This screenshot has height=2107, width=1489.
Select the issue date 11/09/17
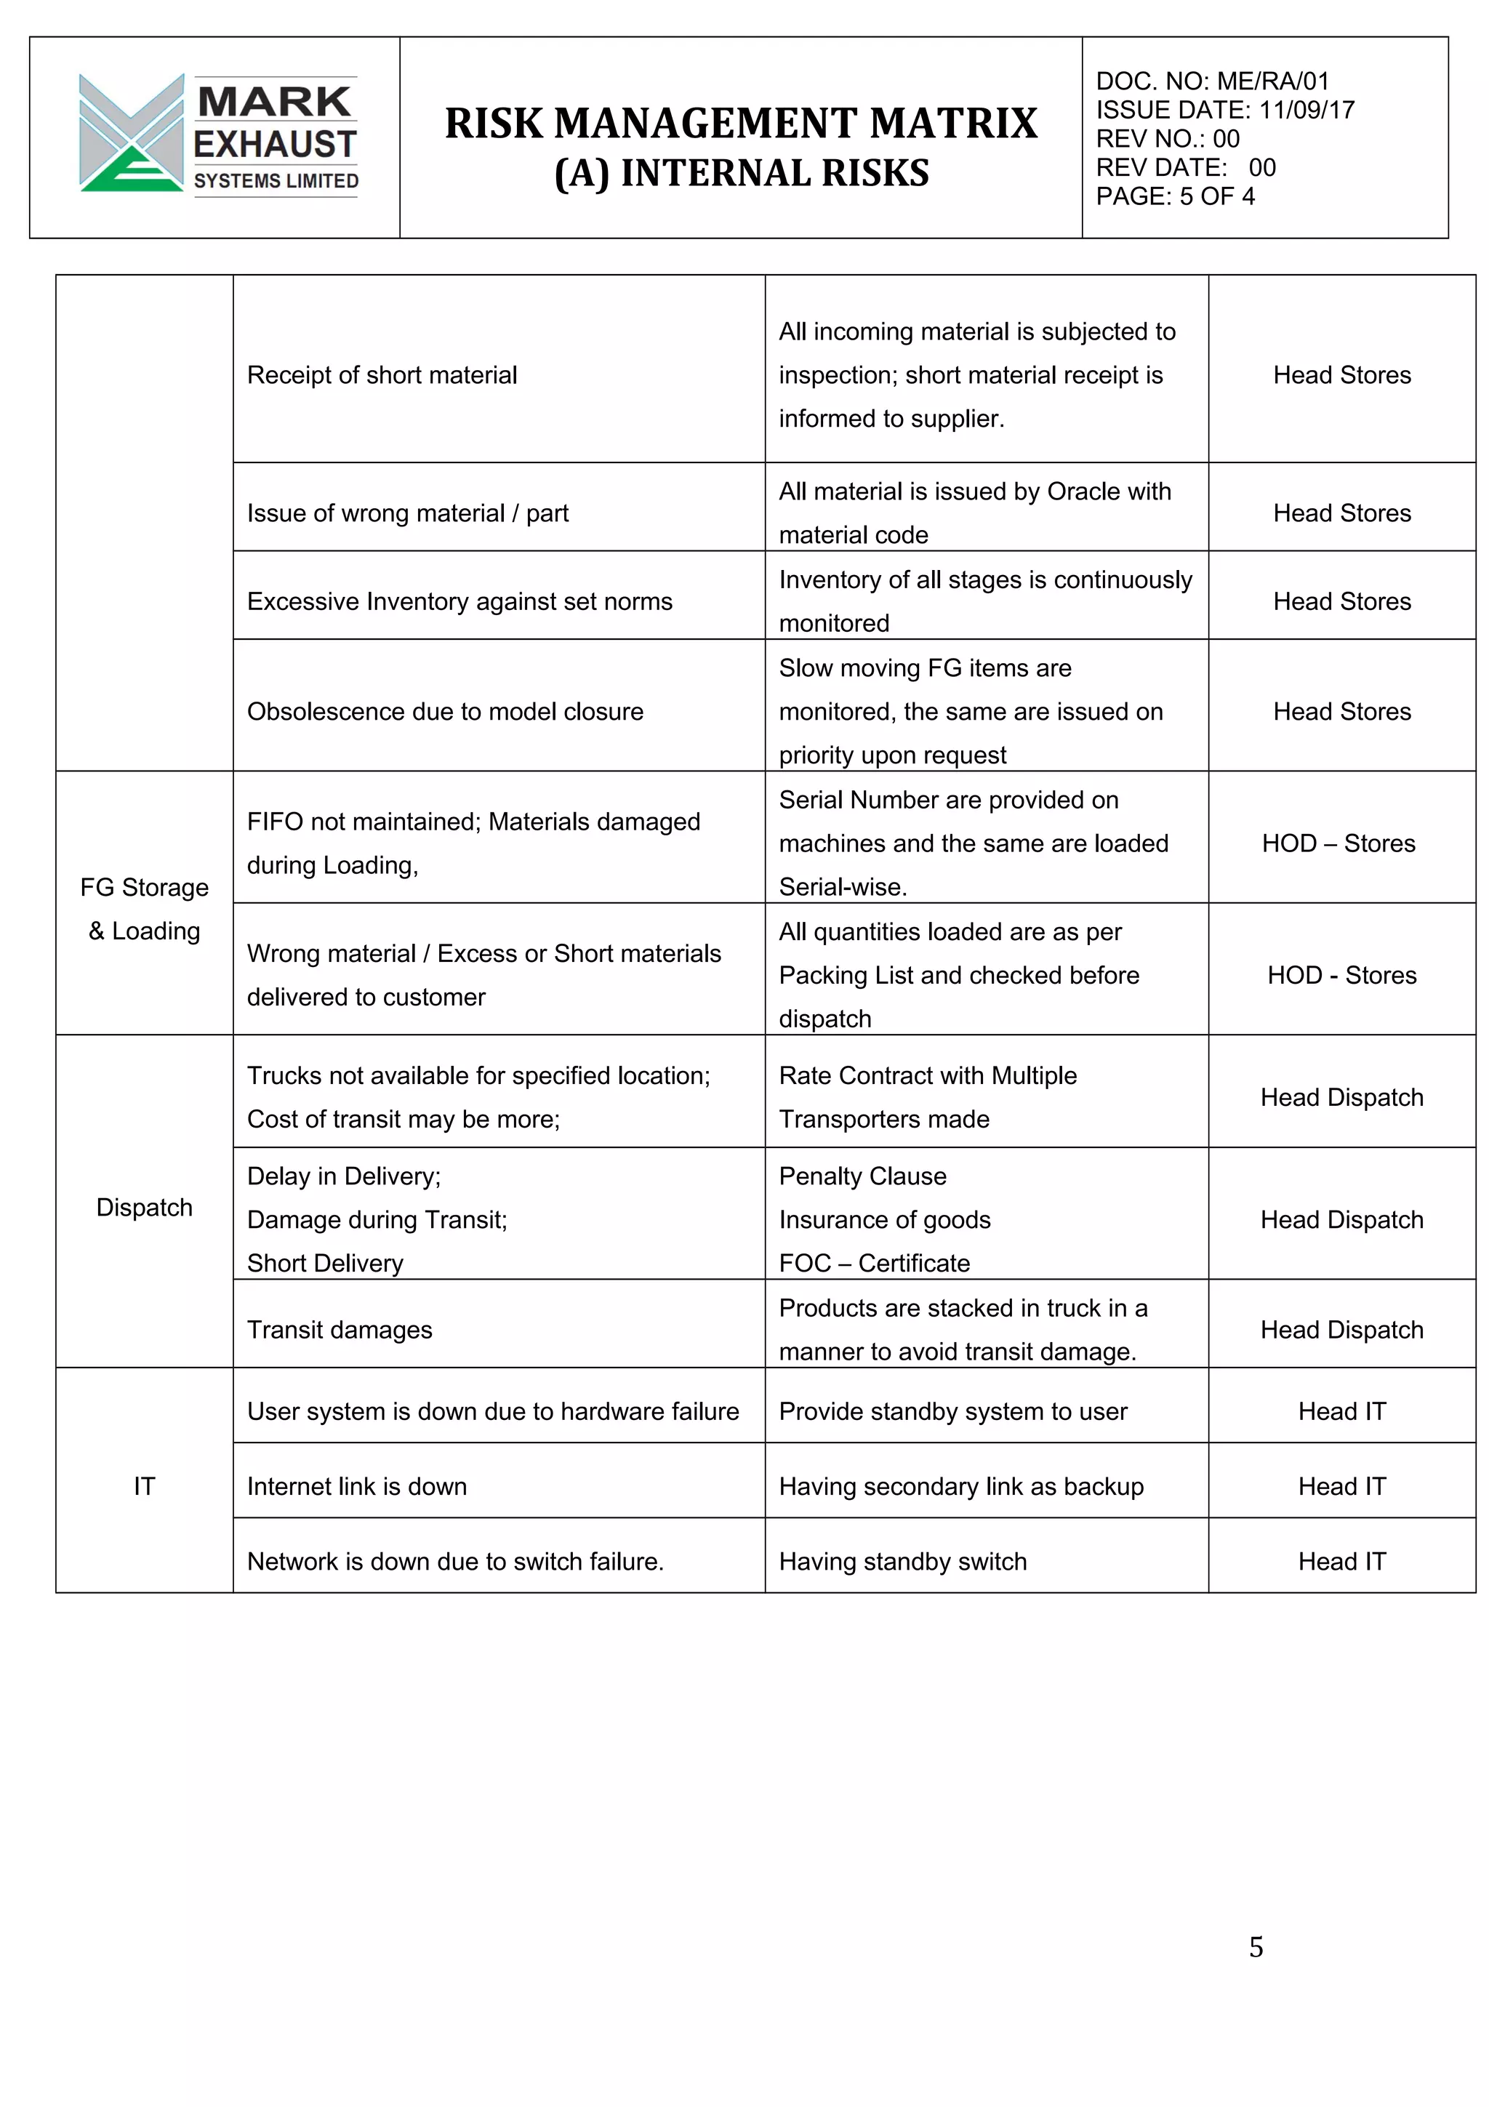(x=1307, y=110)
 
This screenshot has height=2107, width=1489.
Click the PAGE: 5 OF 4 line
(x=1174, y=196)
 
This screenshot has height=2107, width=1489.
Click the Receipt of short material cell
(x=382, y=374)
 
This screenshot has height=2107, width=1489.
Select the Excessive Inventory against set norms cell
(x=459, y=601)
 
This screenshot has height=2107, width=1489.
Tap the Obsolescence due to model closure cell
(x=445, y=711)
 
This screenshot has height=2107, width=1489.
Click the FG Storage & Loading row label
(x=144, y=909)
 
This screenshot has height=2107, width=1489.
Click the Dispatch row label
(x=144, y=1207)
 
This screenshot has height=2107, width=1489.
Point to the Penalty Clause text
(x=862, y=1176)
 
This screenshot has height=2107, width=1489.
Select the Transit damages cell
(x=340, y=1330)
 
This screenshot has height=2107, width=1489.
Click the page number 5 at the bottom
(x=1255, y=1946)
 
